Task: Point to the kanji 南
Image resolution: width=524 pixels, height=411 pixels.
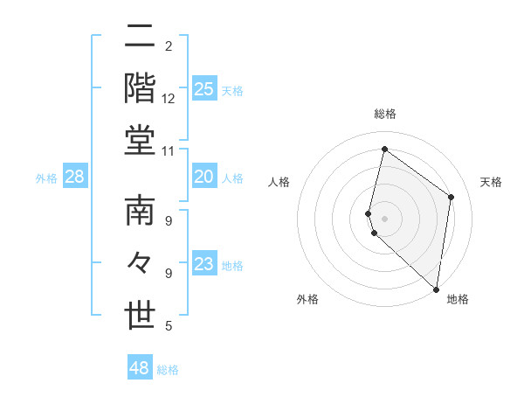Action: (140, 212)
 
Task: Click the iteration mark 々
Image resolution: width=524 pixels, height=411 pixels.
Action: (140, 263)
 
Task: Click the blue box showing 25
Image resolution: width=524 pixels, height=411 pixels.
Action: (203, 89)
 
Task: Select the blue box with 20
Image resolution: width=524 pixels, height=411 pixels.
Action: (203, 178)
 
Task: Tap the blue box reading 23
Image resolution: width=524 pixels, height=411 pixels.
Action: (203, 264)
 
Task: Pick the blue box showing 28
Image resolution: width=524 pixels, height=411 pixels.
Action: (74, 178)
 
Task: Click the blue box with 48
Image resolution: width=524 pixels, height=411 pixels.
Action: (139, 368)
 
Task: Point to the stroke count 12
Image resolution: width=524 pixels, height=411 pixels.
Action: (169, 98)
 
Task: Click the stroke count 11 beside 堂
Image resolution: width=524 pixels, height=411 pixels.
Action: (168, 150)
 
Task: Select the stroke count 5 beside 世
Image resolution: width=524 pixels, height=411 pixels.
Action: (168, 326)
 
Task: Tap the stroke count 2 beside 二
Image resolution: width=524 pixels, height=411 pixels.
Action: (168, 45)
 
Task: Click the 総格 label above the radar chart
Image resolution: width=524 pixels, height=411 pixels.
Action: (384, 114)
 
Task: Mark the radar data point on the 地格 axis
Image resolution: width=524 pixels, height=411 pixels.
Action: (437, 289)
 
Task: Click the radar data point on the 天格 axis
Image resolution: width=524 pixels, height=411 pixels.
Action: (452, 197)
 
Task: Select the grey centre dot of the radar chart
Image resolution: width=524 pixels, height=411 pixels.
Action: (384, 218)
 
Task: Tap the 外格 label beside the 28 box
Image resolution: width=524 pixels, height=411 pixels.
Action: (46, 178)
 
